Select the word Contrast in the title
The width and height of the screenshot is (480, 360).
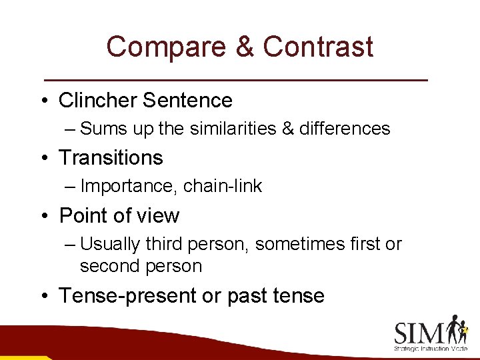point(318,47)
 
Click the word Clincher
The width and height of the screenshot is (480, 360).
point(98,101)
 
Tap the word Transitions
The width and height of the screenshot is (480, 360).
point(111,158)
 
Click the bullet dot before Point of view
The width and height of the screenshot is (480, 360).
point(43,216)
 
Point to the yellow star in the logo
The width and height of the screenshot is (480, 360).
point(465,329)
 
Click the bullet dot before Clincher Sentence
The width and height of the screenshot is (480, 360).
point(43,101)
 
